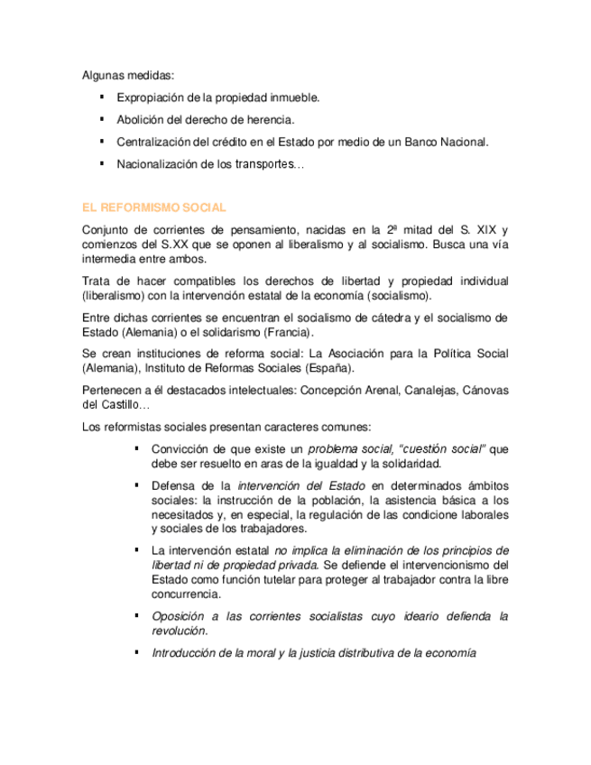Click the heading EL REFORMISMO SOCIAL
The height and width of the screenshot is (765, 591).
pyautogui.click(x=153, y=207)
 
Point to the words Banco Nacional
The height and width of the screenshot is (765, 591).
pyautogui.click(x=444, y=142)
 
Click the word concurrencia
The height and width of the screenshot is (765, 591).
pyautogui.click(x=187, y=594)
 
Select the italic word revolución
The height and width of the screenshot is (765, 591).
pyautogui.click(x=179, y=631)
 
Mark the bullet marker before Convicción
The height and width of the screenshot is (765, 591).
pyautogui.click(x=136, y=447)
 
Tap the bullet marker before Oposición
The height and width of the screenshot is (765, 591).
pyautogui.click(x=136, y=615)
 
